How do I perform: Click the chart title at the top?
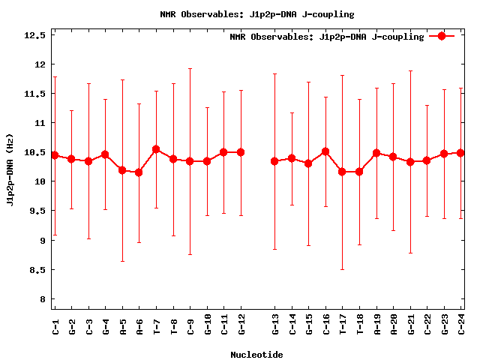[x=257, y=14]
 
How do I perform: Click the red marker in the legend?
[x=442, y=36]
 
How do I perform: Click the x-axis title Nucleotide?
[x=256, y=355]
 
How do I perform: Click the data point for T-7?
[x=156, y=149]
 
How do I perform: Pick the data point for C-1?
[x=55, y=155]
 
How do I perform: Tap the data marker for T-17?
[x=342, y=172]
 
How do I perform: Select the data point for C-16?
[x=325, y=151]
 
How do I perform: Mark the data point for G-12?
[x=241, y=152]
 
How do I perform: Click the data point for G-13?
[x=274, y=161]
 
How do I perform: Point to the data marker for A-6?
[x=139, y=172]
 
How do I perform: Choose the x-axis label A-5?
[x=123, y=325]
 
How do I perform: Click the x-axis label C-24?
[x=461, y=325]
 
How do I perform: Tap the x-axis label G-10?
[x=208, y=325]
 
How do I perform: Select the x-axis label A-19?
[x=376, y=325]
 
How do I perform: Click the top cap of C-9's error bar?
[x=190, y=69]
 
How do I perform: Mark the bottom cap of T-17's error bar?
[x=342, y=269]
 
